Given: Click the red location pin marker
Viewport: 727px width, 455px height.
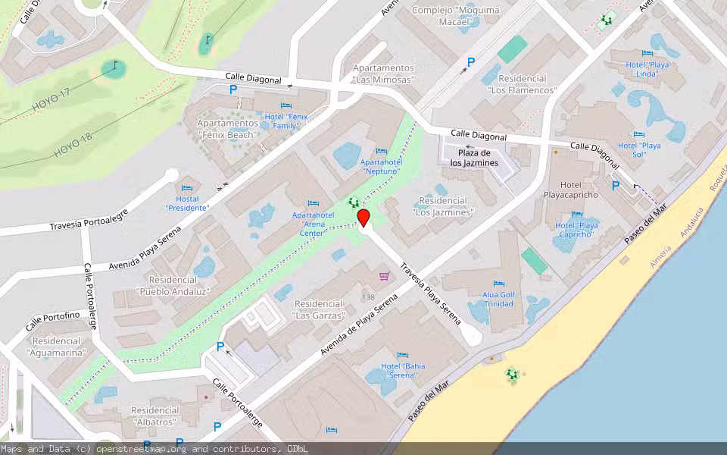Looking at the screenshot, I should pyautogui.click(x=363, y=218).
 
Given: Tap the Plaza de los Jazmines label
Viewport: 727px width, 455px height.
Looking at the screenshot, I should pyautogui.click(x=474, y=158).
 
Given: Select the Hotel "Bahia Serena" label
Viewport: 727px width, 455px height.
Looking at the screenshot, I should pyautogui.click(x=403, y=371).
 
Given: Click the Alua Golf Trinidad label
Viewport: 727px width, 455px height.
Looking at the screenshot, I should pyautogui.click(x=498, y=299).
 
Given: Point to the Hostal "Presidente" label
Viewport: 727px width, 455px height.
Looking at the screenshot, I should pyautogui.click(x=187, y=203).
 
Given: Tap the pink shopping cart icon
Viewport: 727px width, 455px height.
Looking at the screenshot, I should pyautogui.click(x=384, y=275).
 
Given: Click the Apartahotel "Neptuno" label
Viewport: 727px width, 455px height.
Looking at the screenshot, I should pyautogui.click(x=381, y=167).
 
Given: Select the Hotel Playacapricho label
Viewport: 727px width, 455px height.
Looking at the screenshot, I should pyautogui.click(x=570, y=190).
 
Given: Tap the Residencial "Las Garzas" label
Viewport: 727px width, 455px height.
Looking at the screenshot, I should pyautogui.click(x=320, y=309).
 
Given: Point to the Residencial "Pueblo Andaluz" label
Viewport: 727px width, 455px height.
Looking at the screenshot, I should pyautogui.click(x=173, y=285).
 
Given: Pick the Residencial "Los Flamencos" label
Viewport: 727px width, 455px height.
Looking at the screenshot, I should pyautogui.click(x=523, y=84).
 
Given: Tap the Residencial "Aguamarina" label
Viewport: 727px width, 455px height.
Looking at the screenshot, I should pyautogui.click(x=57, y=347).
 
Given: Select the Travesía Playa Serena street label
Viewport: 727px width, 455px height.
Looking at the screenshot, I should pyautogui.click(x=430, y=294).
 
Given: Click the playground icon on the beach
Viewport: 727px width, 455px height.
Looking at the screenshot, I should pyautogui.click(x=512, y=374).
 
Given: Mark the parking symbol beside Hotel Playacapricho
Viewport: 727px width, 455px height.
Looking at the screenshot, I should pyautogui.click(x=616, y=185).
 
